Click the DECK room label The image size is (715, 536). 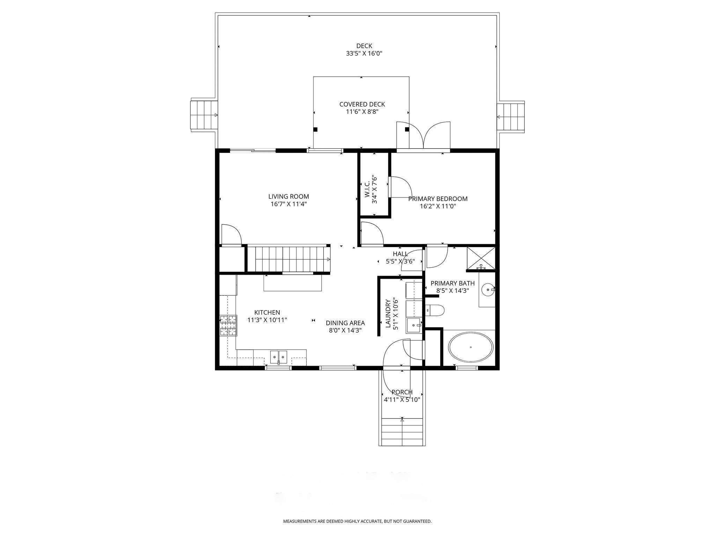pos(364,46)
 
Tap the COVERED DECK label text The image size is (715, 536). pos(362,104)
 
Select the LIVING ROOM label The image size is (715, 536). pos(288,196)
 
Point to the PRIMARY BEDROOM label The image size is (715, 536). pos(438,199)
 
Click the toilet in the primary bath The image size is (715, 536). pos(435,310)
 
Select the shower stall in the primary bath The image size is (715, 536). pos(481,259)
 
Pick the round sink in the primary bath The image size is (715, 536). pos(488,289)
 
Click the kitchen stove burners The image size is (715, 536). pos(228,325)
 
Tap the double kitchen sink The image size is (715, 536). pos(279,357)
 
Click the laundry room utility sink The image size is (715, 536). pos(414,325)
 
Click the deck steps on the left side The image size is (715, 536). pos(204,115)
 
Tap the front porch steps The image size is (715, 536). pos(402,432)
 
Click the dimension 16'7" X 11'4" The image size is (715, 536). pos(288,204)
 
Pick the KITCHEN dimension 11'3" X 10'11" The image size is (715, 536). pos(267,320)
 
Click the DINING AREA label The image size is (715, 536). pos(345,323)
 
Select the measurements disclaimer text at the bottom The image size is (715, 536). pos(357,521)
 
